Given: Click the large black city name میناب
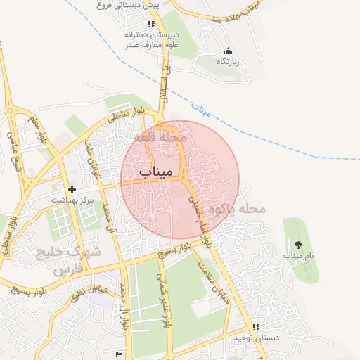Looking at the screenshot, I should pyautogui.click(x=161, y=170).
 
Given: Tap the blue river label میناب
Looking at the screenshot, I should pyautogui.click(x=201, y=109).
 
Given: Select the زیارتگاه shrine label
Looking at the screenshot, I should pyautogui.click(x=227, y=62).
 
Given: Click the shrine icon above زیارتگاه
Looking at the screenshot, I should pyautogui.click(x=227, y=51).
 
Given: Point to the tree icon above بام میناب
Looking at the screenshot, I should pyautogui.click(x=298, y=245).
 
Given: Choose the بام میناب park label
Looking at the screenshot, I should pyautogui.click(x=298, y=256).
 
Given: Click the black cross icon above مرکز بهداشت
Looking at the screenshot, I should pyautogui.click(x=72, y=189).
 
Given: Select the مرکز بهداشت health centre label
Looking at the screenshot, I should pyautogui.click(x=72, y=200).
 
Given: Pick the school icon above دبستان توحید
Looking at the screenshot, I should pyautogui.click(x=257, y=327).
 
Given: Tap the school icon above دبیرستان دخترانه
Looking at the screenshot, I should pyautogui.click(x=151, y=24).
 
